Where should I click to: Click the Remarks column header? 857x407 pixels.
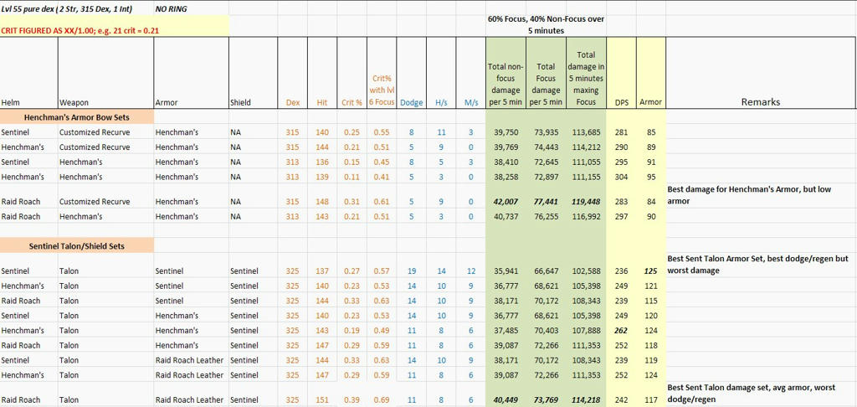tap(760, 102)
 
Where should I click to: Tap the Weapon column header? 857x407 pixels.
tap(74, 102)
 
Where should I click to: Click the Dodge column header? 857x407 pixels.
tap(411, 102)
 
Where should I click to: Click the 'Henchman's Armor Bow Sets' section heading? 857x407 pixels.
tap(75, 116)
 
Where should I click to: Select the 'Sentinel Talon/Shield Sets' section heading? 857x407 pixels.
tap(76, 246)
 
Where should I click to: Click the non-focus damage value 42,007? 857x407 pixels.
tap(505, 201)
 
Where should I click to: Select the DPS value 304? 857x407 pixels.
tap(622, 177)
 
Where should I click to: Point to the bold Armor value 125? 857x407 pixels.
tap(651, 270)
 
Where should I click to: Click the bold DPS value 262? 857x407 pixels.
tap(622, 331)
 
